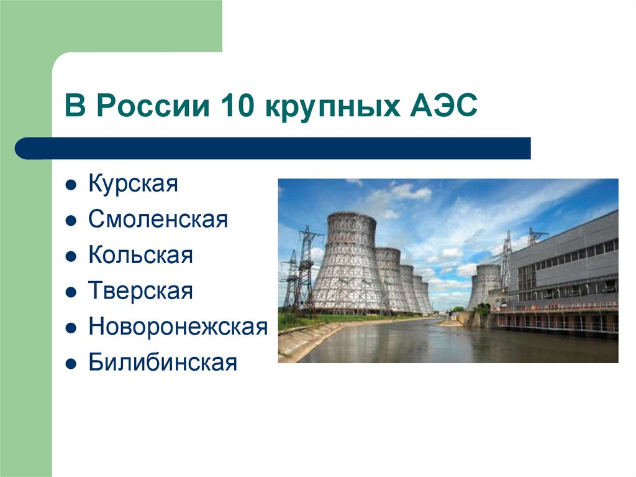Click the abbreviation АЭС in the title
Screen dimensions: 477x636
point(442,107)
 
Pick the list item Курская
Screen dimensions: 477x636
point(133,184)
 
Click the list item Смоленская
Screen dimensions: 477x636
point(158,220)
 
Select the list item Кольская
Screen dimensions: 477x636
point(140,256)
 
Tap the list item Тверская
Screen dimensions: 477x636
point(140,291)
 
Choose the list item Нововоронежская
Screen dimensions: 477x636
point(178,326)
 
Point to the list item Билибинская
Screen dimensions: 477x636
point(163,363)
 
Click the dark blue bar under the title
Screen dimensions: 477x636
point(273,149)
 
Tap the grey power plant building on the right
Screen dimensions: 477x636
point(565,267)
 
